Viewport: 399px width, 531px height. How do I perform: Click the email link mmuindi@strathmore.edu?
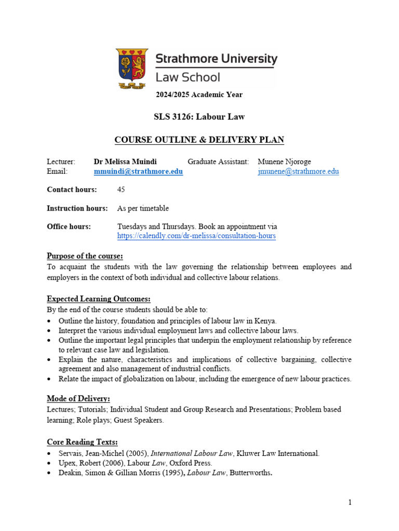click(138, 172)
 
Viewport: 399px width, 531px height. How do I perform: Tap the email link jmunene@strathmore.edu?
click(298, 172)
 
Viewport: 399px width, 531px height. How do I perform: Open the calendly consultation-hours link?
click(196, 236)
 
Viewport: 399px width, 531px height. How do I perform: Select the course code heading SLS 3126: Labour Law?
click(199, 117)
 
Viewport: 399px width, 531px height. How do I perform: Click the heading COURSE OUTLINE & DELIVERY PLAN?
click(199, 140)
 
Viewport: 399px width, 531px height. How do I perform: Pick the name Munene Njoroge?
click(284, 162)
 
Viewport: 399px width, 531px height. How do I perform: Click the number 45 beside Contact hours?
click(122, 190)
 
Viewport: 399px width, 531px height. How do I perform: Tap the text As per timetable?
click(143, 208)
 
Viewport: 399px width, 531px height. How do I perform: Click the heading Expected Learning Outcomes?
click(99, 299)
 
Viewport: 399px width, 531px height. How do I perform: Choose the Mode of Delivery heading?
click(78, 399)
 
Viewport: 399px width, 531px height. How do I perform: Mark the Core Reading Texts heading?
click(82, 442)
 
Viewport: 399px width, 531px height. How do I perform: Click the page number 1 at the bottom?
click(350, 502)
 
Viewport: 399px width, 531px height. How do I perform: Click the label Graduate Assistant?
click(218, 162)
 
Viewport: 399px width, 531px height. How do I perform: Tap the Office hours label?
click(69, 227)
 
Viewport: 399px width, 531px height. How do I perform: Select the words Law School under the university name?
click(188, 78)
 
